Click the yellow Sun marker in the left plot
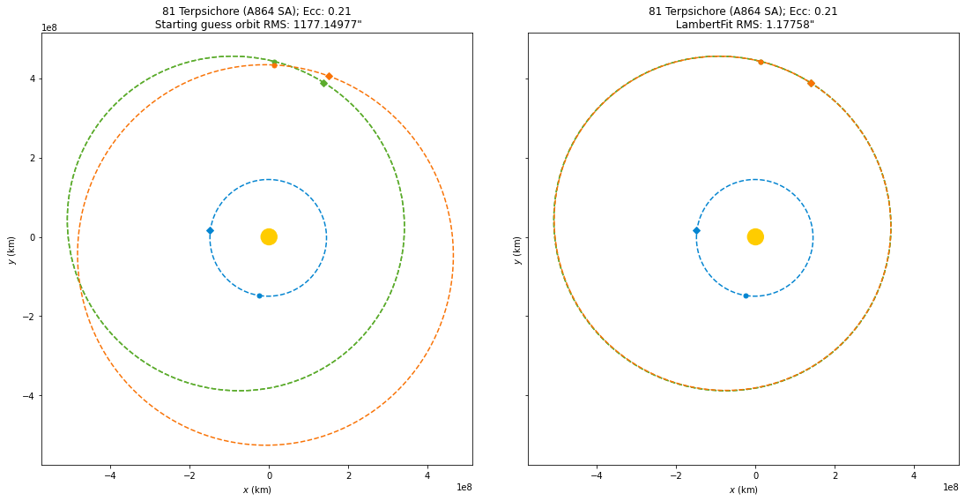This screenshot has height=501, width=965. [x=269, y=236]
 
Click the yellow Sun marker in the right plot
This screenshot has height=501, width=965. [x=755, y=236]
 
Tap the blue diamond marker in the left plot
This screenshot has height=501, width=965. [x=210, y=231]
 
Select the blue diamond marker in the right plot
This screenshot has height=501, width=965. [x=696, y=231]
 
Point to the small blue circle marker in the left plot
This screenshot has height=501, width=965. [x=259, y=295]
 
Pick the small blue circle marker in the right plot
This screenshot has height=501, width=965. [x=746, y=295]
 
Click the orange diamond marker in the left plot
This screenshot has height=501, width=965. [x=329, y=77]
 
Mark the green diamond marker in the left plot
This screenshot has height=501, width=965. [x=323, y=84]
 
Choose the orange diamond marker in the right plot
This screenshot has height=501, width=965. [x=811, y=83]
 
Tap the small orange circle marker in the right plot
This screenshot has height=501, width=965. [x=761, y=62]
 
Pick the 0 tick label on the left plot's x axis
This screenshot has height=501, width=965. [x=269, y=476]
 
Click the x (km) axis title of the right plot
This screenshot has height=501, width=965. [x=743, y=490]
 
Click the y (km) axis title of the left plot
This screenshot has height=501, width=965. [x=11, y=250]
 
